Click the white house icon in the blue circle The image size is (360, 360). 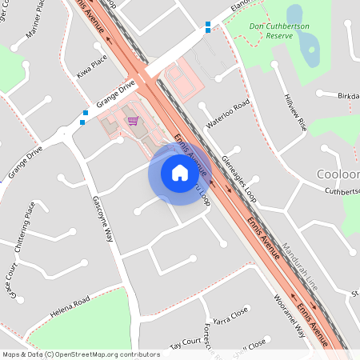click(x=180, y=173)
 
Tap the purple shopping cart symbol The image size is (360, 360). click(x=133, y=121)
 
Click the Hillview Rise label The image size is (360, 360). click(x=294, y=112)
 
